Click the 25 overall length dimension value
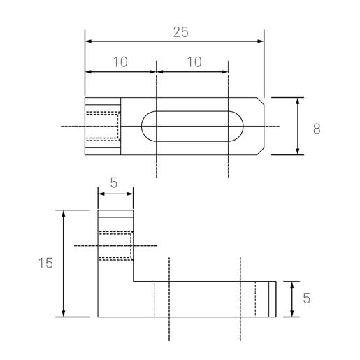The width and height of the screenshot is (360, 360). pyautogui.click(x=180, y=32)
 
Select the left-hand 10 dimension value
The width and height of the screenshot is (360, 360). pyautogui.click(x=120, y=62)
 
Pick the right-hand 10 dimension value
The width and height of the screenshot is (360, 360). pyautogui.click(x=193, y=62)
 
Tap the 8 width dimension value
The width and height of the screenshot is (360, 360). pyautogui.click(x=317, y=129)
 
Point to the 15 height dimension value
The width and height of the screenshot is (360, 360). pyautogui.click(x=45, y=263)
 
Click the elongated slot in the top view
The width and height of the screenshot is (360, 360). pyautogui.click(x=192, y=127)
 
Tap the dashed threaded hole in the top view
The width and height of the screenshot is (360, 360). pyautogui.click(x=103, y=127)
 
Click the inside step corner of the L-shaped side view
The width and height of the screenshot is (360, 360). pyautogui.click(x=134, y=282)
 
